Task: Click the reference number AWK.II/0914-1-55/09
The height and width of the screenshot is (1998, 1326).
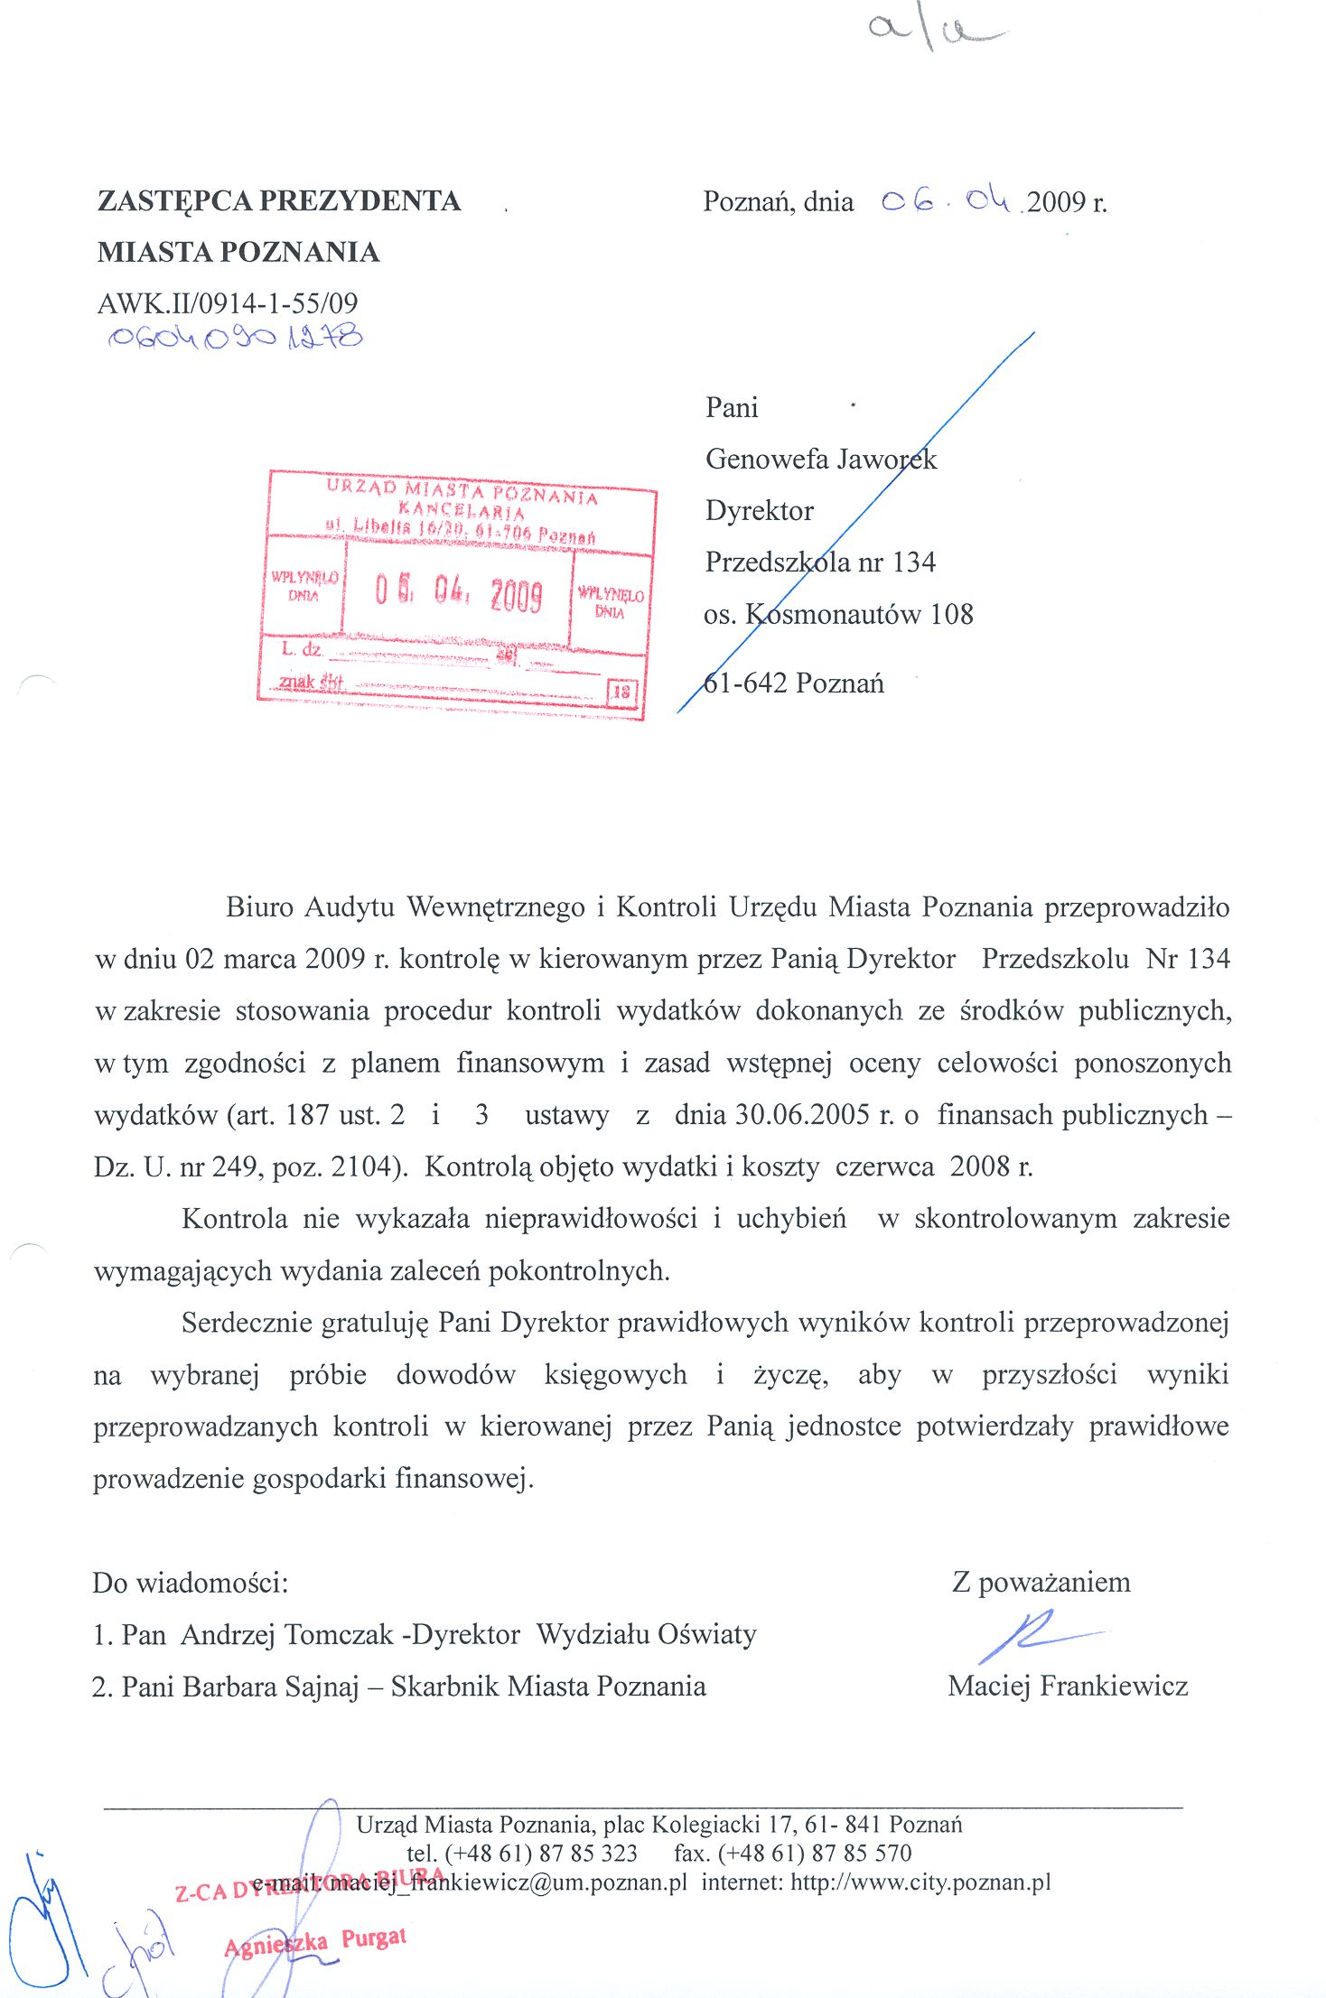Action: click(x=228, y=303)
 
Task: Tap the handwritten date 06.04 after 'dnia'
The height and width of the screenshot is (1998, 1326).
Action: click(x=946, y=200)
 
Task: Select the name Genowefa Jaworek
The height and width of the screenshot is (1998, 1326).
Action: click(x=820, y=459)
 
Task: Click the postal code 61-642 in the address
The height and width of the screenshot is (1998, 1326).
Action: click(x=745, y=683)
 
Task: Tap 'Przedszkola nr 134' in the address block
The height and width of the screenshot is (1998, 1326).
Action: click(x=819, y=562)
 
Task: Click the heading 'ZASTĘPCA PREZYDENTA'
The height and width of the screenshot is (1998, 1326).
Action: click(x=279, y=200)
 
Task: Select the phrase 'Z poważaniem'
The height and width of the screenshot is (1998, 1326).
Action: click(x=1041, y=1582)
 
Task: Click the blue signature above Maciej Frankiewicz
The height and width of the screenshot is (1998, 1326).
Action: click(x=1034, y=1635)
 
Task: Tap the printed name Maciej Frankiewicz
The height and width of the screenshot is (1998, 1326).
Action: click(x=1068, y=1686)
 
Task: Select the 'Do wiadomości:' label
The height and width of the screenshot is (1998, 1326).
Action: click(x=191, y=1583)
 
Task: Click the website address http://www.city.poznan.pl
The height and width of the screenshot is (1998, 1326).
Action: click(x=920, y=1882)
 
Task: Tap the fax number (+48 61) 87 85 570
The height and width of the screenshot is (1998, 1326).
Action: click(x=814, y=1853)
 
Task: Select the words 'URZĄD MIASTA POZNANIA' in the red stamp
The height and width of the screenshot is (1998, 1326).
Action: click(x=462, y=492)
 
